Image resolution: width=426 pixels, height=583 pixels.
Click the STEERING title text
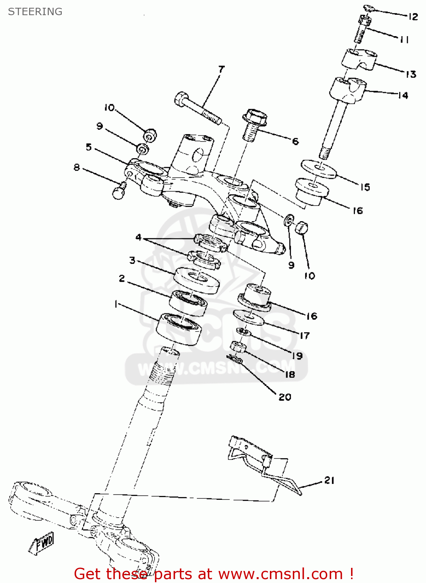coord(35,12)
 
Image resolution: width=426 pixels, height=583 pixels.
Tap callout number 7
coord(221,70)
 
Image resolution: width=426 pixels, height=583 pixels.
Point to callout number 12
coord(413,17)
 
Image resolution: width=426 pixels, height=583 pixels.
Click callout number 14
coord(403,95)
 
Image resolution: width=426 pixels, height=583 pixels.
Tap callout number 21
coord(329,480)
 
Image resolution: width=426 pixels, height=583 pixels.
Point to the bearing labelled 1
coord(179,328)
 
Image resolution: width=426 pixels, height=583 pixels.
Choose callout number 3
coord(132,260)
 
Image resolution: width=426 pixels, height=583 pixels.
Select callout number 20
coord(285,397)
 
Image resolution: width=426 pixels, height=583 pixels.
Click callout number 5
coord(89,147)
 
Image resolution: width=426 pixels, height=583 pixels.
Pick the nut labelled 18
coord(238,346)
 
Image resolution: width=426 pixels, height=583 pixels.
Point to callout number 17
coord(304,335)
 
